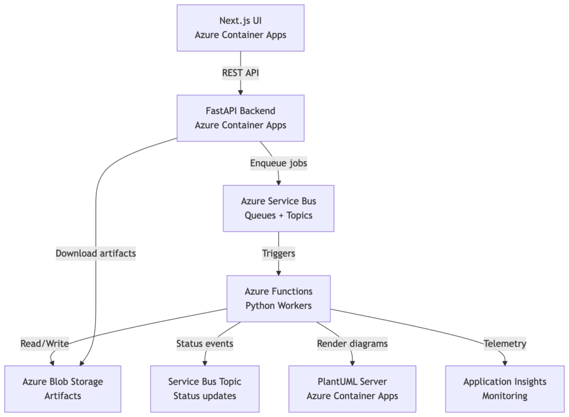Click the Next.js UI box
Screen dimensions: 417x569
click(x=241, y=28)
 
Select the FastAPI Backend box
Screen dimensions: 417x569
click(x=241, y=118)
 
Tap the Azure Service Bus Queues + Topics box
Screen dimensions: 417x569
click(x=278, y=208)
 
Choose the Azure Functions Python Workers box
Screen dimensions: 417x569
click(x=278, y=299)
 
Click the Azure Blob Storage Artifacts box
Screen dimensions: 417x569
click(x=63, y=389)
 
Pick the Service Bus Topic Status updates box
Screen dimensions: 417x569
click(x=204, y=389)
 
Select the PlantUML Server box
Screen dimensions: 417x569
click(x=352, y=389)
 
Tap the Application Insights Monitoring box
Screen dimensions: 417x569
click(x=505, y=389)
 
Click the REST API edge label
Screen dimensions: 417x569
click(x=241, y=73)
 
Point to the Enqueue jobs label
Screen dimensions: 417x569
click(x=278, y=163)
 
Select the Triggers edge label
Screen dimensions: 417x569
click(x=278, y=254)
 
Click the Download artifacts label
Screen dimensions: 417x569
click(x=96, y=254)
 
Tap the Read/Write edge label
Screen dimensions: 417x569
click(x=44, y=344)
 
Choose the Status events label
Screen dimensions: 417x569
click(x=204, y=344)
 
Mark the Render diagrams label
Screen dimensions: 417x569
click(x=352, y=344)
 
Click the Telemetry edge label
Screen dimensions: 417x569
click(x=505, y=344)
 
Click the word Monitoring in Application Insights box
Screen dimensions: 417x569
click(x=505, y=396)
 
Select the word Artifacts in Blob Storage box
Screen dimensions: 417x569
click(x=63, y=396)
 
